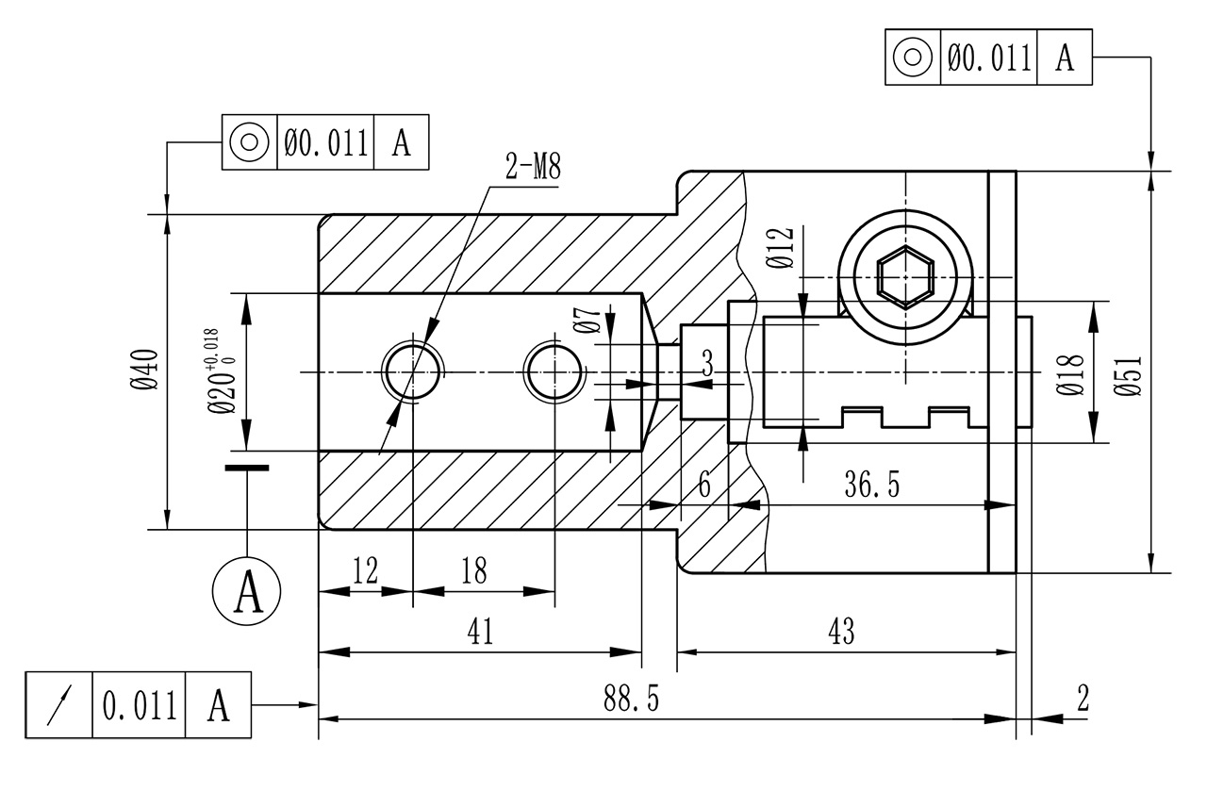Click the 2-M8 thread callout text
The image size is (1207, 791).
[x=534, y=169]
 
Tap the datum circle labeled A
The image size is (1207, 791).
[x=247, y=591]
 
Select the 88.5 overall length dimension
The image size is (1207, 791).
[x=631, y=699]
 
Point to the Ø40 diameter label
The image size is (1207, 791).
[x=143, y=369]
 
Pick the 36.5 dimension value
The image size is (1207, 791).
[x=871, y=485]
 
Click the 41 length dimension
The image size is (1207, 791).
[x=480, y=632]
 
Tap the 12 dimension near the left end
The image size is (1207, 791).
[x=365, y=570]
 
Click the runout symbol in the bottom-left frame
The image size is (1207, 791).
[x=59, y=704]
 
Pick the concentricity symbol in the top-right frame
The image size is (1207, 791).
[x=913, y=58]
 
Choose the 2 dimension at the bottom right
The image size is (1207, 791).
[x=1082, y=699]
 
